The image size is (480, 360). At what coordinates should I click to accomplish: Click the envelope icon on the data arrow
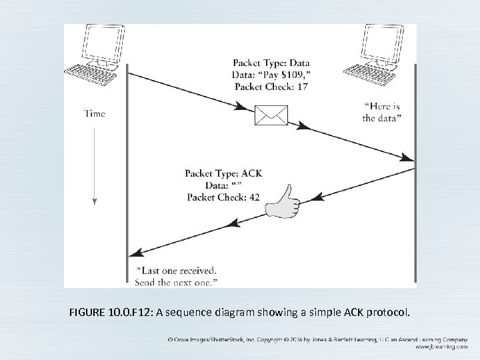(271, 116)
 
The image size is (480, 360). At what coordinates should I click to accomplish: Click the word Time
(95, 113)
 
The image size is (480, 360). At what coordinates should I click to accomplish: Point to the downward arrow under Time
(95, 167)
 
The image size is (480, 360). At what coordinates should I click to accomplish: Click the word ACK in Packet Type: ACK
(250, 173)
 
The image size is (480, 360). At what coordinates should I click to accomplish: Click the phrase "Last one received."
(176, 271)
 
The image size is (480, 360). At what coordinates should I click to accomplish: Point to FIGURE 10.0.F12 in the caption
(110, 311)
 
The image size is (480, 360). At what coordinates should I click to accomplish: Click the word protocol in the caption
(394, 311)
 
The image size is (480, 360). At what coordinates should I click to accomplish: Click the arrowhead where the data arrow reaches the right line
(407, 158)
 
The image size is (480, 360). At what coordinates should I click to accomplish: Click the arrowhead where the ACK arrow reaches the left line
(135, 253)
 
